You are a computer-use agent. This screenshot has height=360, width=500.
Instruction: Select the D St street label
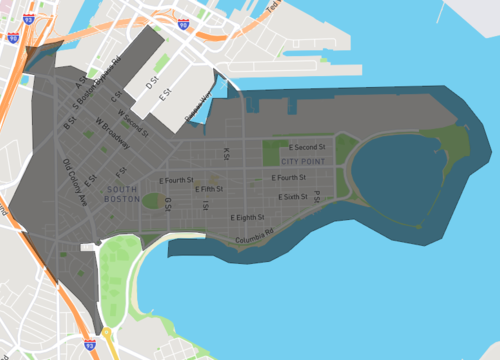point(152,90)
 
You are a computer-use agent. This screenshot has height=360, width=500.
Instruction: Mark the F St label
point(120,157)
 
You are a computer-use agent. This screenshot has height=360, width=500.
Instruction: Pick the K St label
point(227,155)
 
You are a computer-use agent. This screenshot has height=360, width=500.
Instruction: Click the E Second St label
point(307,147)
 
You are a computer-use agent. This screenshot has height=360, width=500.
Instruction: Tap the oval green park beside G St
point(152,201)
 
